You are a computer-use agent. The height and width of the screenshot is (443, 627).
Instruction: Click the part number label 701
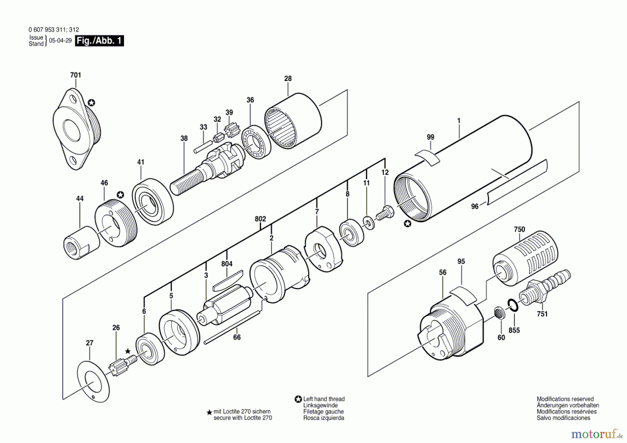(75, 75)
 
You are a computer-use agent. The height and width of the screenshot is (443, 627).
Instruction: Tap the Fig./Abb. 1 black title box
(99, 41)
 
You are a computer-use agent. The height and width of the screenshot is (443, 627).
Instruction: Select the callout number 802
(260, 219)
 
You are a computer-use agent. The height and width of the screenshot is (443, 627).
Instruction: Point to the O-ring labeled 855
(513, 305)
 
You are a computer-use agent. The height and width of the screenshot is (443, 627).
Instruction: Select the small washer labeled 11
(369, 223)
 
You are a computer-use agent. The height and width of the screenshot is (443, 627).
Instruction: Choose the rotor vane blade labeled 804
(228, 280)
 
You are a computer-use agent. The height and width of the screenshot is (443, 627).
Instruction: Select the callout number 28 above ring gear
(288, 79)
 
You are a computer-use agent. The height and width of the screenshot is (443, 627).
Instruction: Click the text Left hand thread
(324, 399)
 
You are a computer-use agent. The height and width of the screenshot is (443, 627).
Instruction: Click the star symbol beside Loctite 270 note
(209, 412)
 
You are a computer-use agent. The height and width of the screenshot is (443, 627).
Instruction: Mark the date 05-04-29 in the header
(60, 40)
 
